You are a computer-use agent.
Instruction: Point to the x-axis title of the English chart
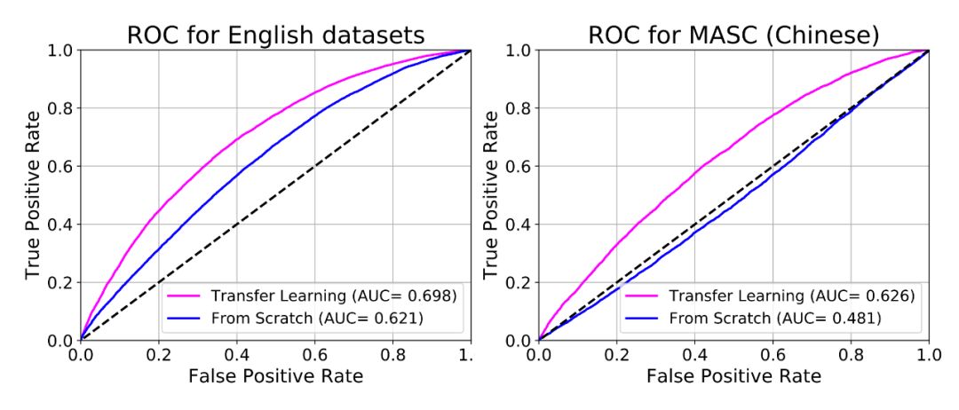[x=275, y=376]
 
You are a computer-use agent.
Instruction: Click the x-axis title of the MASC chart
[x=733, y=376]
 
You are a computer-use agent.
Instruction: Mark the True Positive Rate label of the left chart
[x=33, y=194]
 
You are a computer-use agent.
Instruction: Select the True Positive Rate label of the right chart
[x=491, y=194]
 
